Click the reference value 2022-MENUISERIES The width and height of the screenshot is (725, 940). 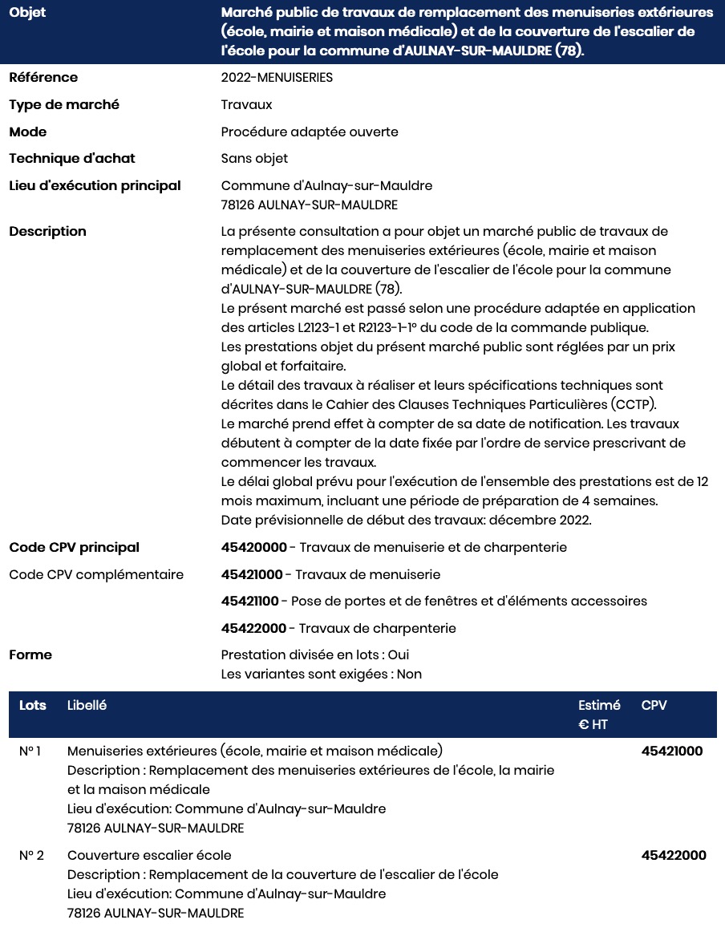(277, 78)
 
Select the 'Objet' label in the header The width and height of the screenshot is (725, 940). (27, 14)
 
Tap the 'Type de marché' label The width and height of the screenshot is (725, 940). (64, 105)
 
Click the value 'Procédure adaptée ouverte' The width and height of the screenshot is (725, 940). (310, 132)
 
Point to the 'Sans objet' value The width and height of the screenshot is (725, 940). (254, 159)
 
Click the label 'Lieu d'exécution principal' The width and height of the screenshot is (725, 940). (95, 186)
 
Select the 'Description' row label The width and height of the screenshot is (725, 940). (47, 232)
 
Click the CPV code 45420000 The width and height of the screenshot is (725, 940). (253, 548)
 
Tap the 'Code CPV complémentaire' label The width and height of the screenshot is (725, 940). (96, 575)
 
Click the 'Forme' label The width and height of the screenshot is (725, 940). (30, 655)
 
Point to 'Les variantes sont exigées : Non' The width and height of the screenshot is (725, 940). (322, 675)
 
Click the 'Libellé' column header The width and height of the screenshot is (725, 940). (87, 706)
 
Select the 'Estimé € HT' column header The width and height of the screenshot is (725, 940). (599, 715)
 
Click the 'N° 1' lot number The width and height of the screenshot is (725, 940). (30, 752)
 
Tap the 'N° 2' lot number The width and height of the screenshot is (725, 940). (31, 856)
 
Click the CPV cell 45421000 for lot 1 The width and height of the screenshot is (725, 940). (672, 752)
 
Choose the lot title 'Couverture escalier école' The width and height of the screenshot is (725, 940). (149, 856)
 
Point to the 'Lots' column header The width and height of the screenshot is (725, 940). (33, 706)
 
